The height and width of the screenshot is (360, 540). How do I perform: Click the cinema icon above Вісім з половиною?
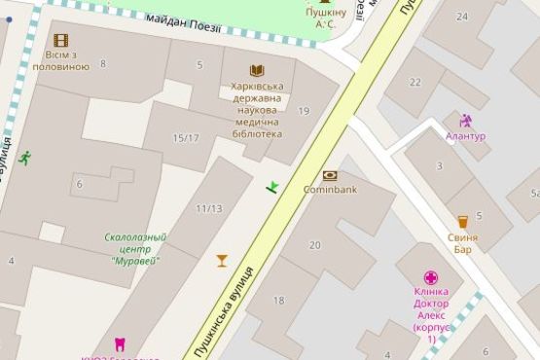pos(61,40)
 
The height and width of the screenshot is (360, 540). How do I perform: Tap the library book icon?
pos(256,70)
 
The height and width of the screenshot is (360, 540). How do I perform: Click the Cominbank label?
pos(331,189)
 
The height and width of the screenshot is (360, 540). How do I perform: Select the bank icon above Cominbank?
pos(330,175)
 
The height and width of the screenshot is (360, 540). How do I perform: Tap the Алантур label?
pos(465,136)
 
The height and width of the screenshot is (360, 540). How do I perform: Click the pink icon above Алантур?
pos(465,122)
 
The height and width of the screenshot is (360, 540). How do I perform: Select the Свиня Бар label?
pos(462,243)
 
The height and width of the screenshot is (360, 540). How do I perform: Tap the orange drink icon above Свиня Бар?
pos(462,221)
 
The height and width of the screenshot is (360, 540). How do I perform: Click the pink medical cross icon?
pos(431,278)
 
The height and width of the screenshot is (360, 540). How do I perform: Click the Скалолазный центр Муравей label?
pos(135,248)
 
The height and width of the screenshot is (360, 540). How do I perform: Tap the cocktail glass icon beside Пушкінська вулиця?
pos(222,260)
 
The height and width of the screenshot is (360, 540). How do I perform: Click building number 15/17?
pos(186,138)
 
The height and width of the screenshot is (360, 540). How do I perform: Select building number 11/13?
pos(208,208)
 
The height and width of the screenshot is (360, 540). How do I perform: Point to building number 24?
pos(461,17)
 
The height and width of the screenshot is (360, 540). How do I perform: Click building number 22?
pos(415,82)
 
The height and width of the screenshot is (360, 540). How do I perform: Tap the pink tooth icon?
pos(121,343)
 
